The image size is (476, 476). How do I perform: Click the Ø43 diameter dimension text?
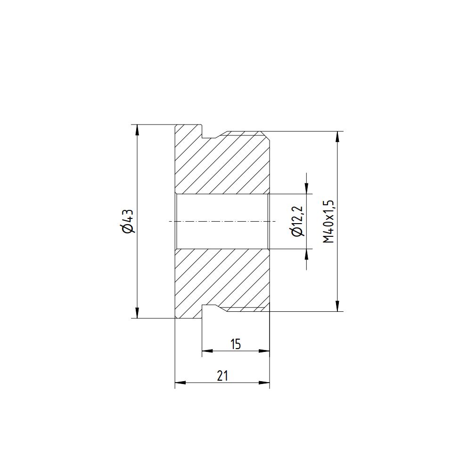tap(128, 221)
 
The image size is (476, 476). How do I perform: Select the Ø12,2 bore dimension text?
tap(297, 221)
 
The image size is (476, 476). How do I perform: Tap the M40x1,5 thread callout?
tap(328, 221)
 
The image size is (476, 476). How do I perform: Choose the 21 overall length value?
tap(222, 376)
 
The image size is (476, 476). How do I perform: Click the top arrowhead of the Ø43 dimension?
tap(137, 129)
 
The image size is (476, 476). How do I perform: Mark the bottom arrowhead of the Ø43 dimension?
tap(137, 313)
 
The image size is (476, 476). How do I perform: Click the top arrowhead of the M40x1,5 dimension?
tap(337, 136)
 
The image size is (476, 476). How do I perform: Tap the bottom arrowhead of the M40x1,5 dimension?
tap(337, 306)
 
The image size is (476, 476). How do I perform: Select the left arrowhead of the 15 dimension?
tap(207, 351)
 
